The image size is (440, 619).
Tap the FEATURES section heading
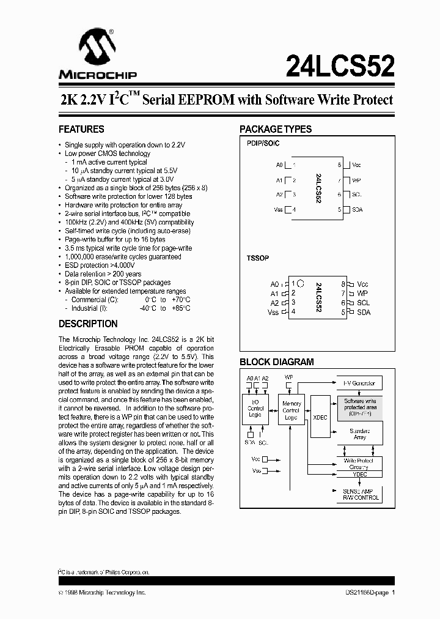point(81,130)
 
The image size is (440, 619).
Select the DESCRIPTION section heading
point(88,324)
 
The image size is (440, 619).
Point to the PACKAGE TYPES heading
point(276,130)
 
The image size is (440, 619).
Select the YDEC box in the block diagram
point(360,474)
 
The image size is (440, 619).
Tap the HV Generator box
point(359,384)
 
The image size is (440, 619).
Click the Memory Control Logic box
point(291,410)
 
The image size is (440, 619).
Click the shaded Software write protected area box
point(359,407)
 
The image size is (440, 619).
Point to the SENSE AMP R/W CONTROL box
point(360,494)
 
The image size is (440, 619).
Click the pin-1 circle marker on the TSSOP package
point(301,284)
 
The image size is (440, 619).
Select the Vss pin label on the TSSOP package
point(273,313)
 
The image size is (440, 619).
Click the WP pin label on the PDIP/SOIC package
point(356,180)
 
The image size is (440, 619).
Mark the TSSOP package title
point(258,258)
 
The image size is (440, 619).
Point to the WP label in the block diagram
point(289,377)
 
